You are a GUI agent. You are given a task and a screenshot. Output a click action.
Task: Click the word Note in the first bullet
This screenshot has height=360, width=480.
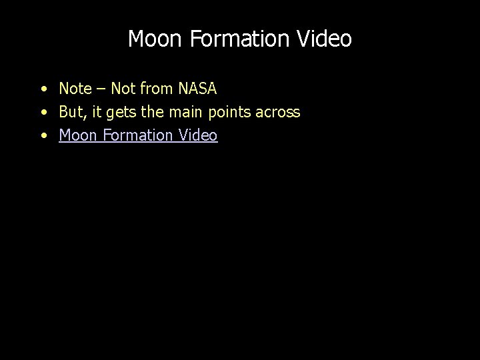pyautogui.click(x=75, y=88)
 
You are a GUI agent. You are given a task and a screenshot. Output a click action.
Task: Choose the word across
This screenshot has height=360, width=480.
pyautogui.click(x=281, y=112)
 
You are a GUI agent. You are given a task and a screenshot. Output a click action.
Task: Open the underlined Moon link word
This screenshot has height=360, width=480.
pyautogui.click(x=77, y=135)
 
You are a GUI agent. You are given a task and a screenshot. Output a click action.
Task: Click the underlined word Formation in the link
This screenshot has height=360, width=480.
pyautogui.click(x=137, y=135)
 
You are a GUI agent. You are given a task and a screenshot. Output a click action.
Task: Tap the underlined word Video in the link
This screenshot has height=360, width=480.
pyautogui.click(x=199, y=135)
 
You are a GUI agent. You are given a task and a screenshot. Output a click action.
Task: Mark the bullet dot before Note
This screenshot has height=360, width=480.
pyautogui.click(x=43, y=89)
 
